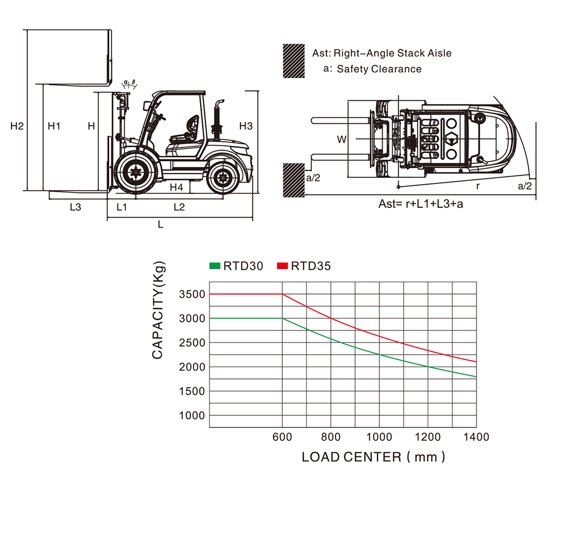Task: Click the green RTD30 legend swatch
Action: coord(215,265)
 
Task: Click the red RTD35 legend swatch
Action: coord(283,265)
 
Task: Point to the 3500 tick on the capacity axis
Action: coord(192,294)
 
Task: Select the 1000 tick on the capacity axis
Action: coord(192,415)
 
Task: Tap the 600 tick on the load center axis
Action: coord(283,437)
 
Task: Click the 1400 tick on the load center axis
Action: coord(477,437)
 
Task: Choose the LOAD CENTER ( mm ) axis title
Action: coord(374,457)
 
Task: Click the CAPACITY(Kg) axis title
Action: coord(158,310)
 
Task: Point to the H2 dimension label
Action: coord(17,126)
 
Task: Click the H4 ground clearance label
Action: coord(176,187)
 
